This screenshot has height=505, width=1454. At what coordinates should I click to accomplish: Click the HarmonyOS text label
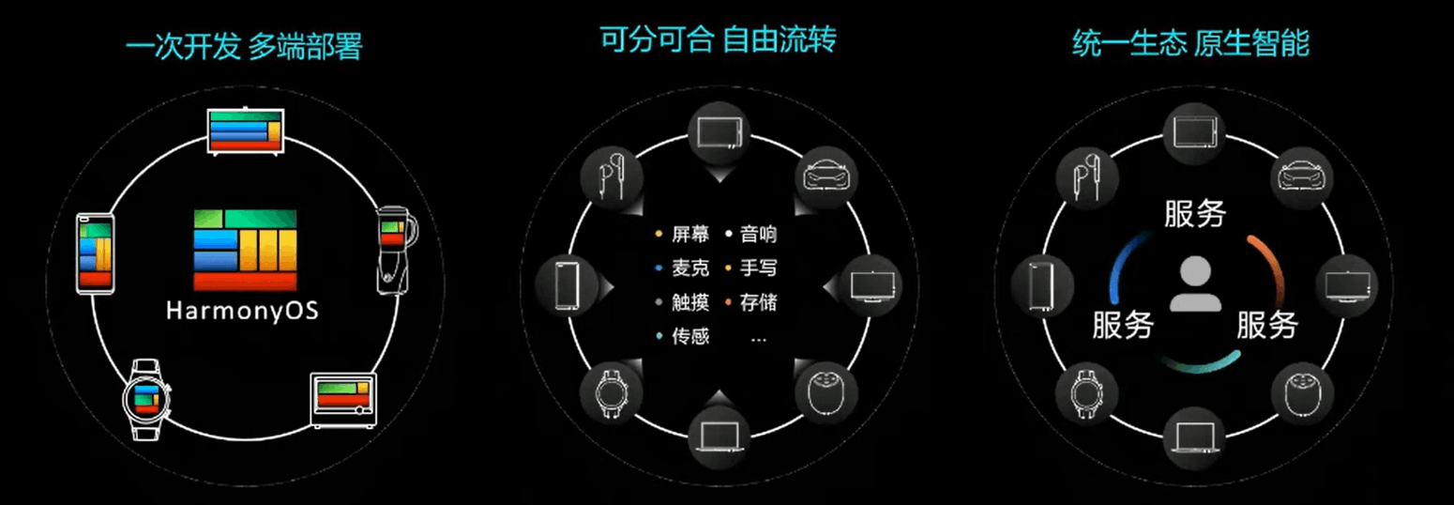click(242, 311)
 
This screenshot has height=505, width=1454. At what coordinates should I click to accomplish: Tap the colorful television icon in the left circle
click(244, 130)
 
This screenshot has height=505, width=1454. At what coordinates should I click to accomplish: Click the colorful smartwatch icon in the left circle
click(145, 398)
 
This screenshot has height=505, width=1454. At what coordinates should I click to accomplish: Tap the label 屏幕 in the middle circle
click(690, 234)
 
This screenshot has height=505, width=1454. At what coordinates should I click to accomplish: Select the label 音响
click(758, 234)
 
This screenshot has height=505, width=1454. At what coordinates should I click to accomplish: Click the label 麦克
click(690, 268)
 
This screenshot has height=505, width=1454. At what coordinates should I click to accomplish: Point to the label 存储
click(758, 302)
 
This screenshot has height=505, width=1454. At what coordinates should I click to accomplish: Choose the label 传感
click(690, 336)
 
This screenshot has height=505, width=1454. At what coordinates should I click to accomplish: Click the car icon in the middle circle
click(826, 175)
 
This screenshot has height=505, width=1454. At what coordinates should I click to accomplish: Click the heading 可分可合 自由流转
click(717, 40)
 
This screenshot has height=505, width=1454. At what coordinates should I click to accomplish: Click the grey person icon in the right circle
click(1195, 283)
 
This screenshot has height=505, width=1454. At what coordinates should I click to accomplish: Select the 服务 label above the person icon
click(1194, 213)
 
